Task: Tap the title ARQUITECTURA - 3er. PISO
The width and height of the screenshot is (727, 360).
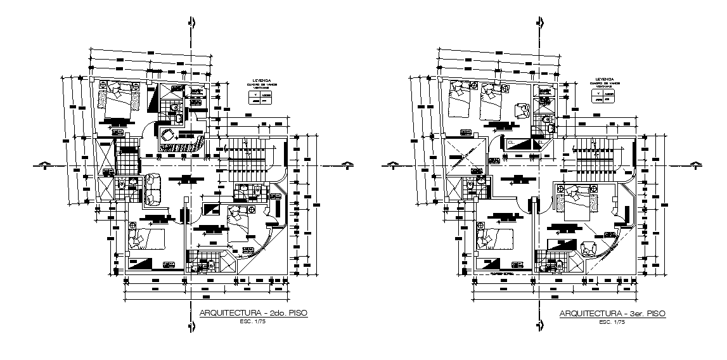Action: [612, 314]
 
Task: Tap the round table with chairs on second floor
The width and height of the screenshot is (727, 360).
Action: [169, 135]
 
